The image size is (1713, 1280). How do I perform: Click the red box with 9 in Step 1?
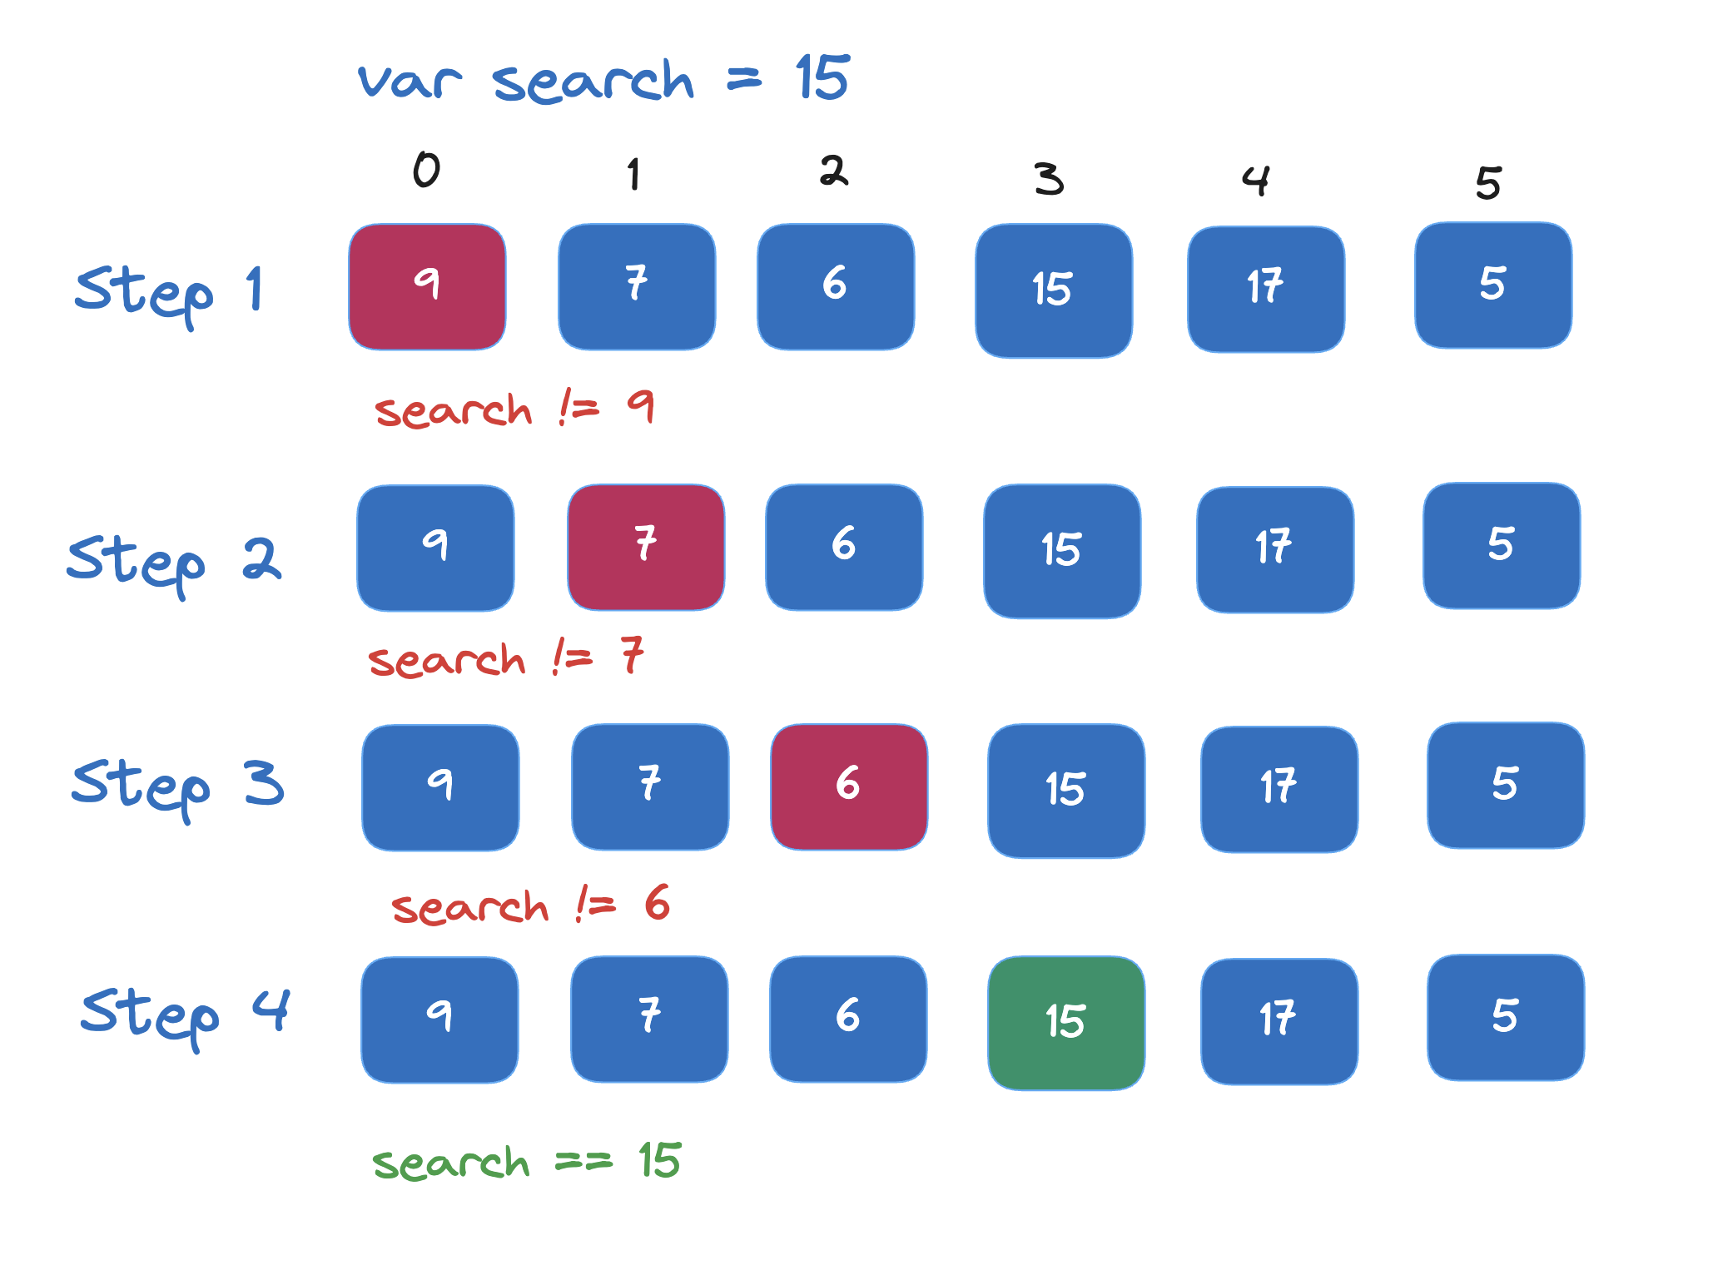[427, 286]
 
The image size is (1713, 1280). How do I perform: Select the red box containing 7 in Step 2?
[646, 547]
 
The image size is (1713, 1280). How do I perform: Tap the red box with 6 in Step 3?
[849, 786]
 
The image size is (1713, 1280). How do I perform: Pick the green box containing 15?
[1066, 1022]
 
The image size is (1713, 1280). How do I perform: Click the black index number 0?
[426, 171]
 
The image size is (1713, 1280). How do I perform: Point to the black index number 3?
[1049, 178]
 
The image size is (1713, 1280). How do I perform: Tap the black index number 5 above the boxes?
[1488, 183]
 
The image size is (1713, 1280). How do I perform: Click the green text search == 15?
[526, 1162]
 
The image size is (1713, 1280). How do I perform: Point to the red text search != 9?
[514, 409]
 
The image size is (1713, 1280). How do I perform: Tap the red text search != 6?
[530, 905]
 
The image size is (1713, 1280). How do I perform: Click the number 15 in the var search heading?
[822, 78]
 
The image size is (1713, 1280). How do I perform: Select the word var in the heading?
[409, 82]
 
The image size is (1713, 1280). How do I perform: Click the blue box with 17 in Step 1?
[1266, 289]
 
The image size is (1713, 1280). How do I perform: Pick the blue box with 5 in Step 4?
[1506, 1017]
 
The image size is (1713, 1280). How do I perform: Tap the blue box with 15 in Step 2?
[1062, 551]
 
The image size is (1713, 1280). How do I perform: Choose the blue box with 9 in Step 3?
[440, 787]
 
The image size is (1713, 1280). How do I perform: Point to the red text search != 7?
[506, 658]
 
